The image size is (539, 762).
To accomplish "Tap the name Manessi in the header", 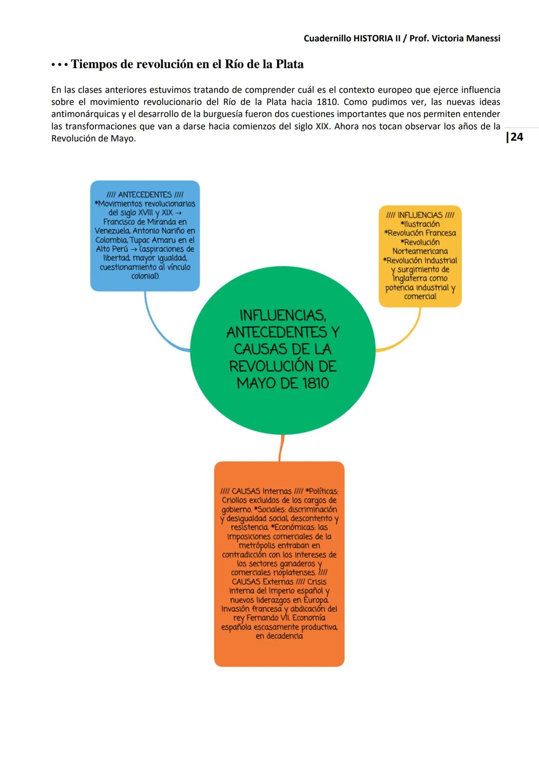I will point(483,38).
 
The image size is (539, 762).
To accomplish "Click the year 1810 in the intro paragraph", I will point(327,102).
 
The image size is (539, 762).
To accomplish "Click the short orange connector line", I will point(281,448).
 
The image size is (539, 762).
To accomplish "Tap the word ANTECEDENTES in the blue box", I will point(145,195).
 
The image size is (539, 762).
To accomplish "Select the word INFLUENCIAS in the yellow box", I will point(420,215).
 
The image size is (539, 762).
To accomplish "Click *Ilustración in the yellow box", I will point(420,224).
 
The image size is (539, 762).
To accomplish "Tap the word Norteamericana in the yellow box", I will point(420,252).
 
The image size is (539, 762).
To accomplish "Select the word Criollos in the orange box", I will point(238,501).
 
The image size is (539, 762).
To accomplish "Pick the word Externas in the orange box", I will point(278,582).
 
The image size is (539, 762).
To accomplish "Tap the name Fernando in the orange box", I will point(265,618).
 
